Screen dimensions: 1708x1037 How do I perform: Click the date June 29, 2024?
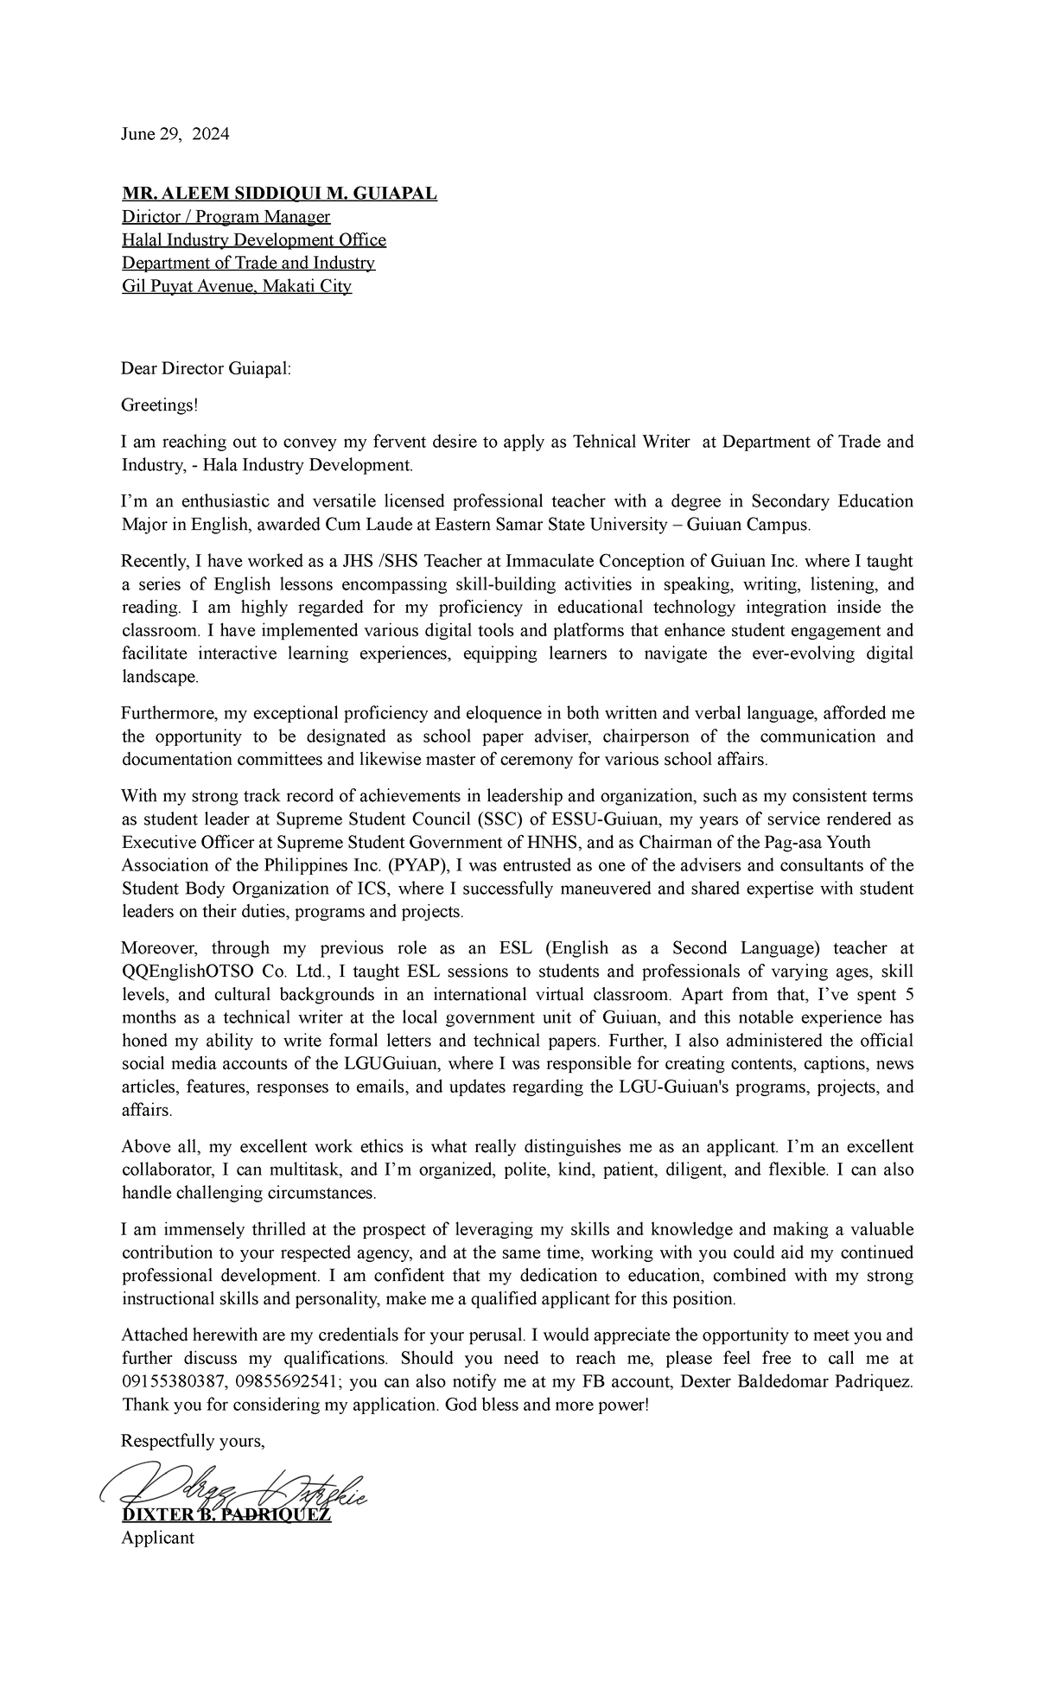(175, 134)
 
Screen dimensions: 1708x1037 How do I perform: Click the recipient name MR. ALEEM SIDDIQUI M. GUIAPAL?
(279, 194)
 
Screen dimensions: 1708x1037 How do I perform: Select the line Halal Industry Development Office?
(253, 240)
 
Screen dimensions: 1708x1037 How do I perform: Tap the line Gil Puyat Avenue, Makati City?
(237, 287)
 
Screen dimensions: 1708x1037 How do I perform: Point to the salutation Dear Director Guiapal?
(207, 369)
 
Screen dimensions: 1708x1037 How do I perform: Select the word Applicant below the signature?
(158, 1538)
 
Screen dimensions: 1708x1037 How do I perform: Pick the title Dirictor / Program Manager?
(226, 217)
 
